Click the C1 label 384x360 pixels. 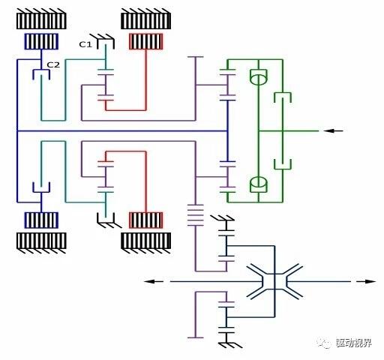click(85, 44)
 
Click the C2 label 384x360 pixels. click(53, 65)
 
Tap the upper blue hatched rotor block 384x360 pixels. click(41, 41)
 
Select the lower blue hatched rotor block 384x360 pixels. click(41, 220)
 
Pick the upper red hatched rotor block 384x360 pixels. click(146, 41)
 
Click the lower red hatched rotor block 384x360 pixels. click(146, 220)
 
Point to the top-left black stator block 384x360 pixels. click(41, 19)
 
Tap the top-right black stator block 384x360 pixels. click(146, 19)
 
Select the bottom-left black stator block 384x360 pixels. click(41, 243)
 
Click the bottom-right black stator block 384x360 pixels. click(146, 243)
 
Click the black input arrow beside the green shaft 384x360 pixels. click(333, 130)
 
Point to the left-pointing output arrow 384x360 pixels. click(154, 281)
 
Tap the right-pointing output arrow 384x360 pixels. click(366, 281)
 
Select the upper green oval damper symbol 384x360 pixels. click(259, 77)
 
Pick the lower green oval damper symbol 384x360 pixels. click(259, 184)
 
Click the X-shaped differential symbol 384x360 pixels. click(274, 281)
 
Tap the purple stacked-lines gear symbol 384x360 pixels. click(196, 215)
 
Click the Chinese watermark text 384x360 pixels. click(353, 343)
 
